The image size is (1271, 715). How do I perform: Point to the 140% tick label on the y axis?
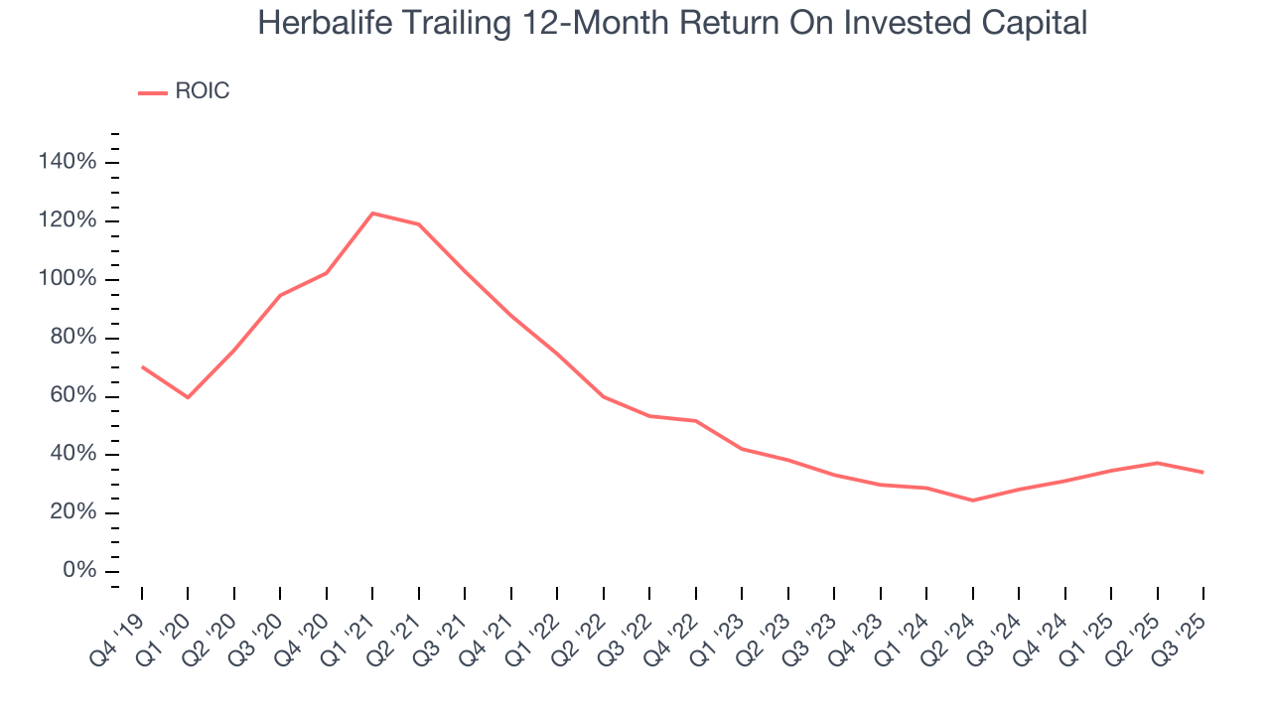coord(68,162)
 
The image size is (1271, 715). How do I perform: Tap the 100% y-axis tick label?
coord(68,279)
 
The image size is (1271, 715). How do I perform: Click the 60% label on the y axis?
coord(73,396)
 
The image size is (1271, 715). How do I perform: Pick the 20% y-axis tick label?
coord(73,512)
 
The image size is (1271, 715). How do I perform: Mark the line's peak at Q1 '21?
coord(372,213)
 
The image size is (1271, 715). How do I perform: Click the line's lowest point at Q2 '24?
coord(972,500)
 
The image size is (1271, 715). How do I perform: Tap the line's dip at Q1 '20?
coord(188,397)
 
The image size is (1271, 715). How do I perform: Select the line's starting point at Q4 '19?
coord(142,366)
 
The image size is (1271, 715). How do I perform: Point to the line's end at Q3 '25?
coord(1203,472)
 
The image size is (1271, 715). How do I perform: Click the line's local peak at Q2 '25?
coord(1157,463)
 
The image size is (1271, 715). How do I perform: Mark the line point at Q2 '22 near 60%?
coord(603,396)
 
